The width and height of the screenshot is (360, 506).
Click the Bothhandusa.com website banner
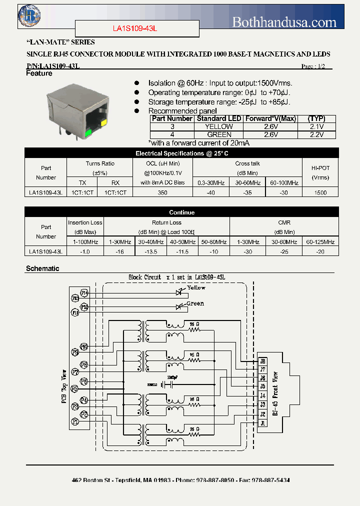pyautogui.click(x=284, y=22)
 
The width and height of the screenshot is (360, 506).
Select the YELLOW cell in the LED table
pyautogui.click(x=219, y=127)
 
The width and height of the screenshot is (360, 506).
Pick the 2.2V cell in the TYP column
pyautogui.click(x=316, y=134)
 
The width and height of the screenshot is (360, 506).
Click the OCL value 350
pyautogui.click(x=162, y=192)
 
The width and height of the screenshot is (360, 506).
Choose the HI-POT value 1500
pyautogui.click(x=320, y=192)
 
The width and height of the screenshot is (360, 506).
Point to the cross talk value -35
pyautogui.click(x=247, y=192)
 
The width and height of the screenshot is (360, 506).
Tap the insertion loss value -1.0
pyautogui.click(x=85, y=251)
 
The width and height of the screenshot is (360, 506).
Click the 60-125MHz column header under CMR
pyautogui.click(x=320, y=242)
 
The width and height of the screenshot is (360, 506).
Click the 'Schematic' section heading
pyautogui.click(x=42, y=268)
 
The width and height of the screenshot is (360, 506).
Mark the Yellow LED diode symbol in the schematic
pyautogui.click(x=178, y=291)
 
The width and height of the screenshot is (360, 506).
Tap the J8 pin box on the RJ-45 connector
pyautogui.click(x=262, y=361)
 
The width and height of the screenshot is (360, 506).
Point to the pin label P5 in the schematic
pyautogui.click(x=74, y=388)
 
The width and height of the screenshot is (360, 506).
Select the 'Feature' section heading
pyautogui.click(x=39, y=73)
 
